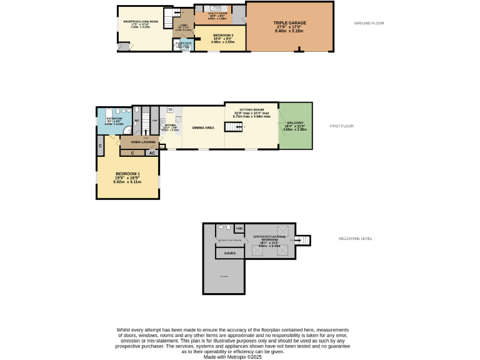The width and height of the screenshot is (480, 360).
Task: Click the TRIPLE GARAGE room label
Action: pyautogui.click(x=288, y=23)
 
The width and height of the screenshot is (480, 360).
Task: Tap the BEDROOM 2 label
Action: pyautogui.click(x=223, y=36)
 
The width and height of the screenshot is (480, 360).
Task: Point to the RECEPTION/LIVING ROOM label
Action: pyautogui.click(x=141, y=22)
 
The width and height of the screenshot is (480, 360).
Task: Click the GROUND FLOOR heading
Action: pyautogui.click(x=369, y=23)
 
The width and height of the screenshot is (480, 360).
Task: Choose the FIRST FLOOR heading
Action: pyautogui.click(x=342, y=126)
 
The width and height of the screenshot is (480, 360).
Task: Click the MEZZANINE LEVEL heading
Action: pyautogui.click(x=355, y=238)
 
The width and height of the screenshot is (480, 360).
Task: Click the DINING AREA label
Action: pyautogui.click(x=203, y=127)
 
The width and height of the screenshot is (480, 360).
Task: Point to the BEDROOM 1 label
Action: pyautogui.click(x=127, y=174)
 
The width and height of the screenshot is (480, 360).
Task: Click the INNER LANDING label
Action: pyautogui.click(x=143, y=142)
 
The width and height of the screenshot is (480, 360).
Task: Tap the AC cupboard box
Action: pyautogui.click(x=152, y=152)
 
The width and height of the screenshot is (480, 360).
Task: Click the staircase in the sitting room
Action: pyautogui.click(x=233, y=127)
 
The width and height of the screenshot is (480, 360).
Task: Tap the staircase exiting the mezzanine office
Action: pyautogui.click(x=303, y=240)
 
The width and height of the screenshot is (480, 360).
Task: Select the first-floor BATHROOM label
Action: pyautogui.click(x=114, y=118)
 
